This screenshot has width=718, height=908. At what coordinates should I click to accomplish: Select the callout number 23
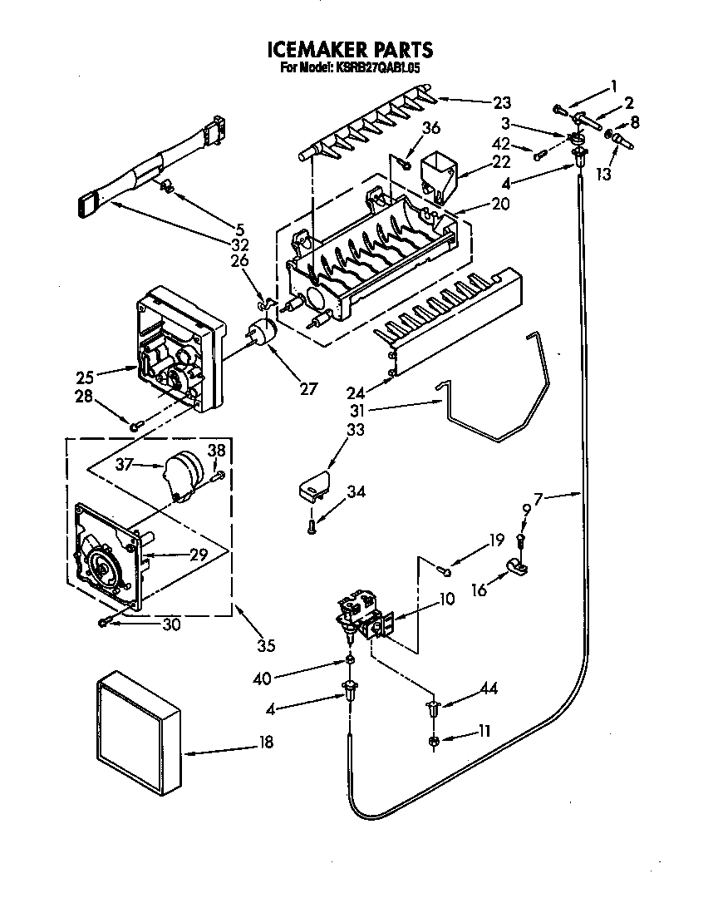click(501, 103)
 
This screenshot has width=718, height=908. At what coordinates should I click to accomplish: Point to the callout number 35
click(265, 645)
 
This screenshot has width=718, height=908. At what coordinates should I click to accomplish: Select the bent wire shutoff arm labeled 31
click(494, 391)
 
